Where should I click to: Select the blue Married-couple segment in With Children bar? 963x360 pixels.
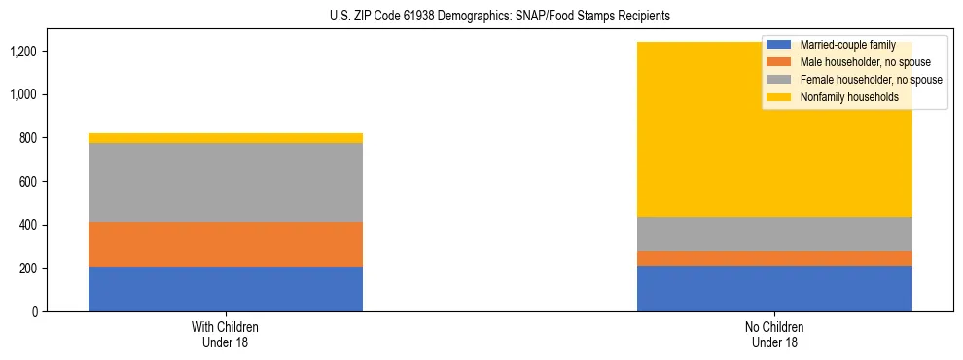point(225,289)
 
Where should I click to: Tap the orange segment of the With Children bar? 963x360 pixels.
point(225,244)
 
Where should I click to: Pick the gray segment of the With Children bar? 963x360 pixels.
point(225,183)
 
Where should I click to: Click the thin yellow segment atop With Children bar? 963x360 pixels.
point(225,138)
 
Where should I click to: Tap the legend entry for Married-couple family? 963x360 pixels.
point(847,45)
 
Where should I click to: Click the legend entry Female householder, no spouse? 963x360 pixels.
point(870,80)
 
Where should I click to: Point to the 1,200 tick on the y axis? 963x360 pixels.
point(22,52)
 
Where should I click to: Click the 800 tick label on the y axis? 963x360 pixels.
point(26,138)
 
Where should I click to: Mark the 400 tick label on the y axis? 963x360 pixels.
point(26,225)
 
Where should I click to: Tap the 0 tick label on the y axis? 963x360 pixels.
point(33,312)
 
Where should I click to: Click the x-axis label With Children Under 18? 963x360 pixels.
point(225,335)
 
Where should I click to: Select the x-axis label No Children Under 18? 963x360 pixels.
point(774,335)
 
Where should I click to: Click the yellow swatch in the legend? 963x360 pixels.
point(779,97)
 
